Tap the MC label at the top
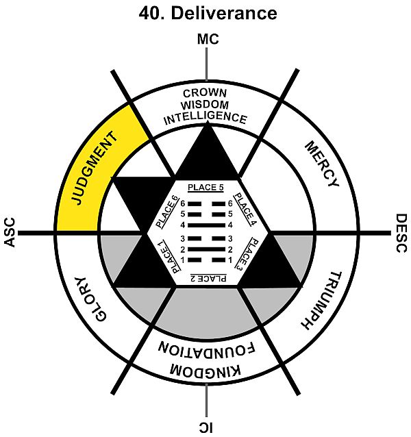[x=207, y=40]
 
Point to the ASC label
[x=10, y=233]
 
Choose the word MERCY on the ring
[x=320, y=164]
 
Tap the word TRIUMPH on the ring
[x=321, y=301]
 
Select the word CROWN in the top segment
[x=206, y=93]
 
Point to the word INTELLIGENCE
[x=206, y=117]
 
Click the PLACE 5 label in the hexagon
[x=206, y=187]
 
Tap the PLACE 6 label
[x=165, y=212]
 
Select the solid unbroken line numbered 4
[x=206, y=224]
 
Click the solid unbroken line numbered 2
[x=206, y=249]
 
